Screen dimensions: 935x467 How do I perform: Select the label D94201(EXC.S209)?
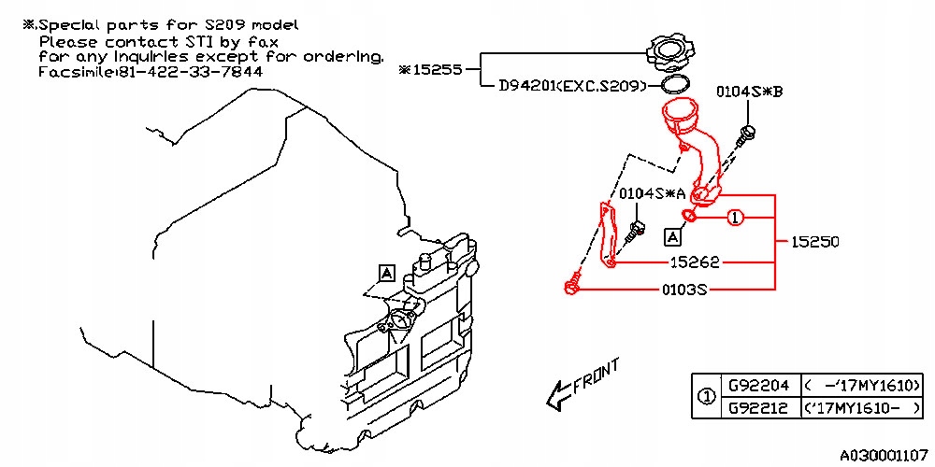573,87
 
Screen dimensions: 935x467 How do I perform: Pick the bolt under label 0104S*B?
745,135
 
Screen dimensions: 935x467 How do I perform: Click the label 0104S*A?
653,193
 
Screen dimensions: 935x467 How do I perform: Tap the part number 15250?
815,242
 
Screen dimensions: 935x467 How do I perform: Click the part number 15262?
694,262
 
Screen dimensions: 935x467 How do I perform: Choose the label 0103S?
684,290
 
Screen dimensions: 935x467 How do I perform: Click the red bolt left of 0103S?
572,285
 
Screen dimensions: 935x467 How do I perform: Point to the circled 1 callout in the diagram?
735,219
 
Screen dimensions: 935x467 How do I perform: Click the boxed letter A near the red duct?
672,237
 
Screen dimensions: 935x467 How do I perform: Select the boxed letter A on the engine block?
386,274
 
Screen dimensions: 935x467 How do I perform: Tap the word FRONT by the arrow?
597,378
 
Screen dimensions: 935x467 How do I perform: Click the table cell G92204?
759,386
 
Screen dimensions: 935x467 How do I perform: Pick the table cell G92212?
759,408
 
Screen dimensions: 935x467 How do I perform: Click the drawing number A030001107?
884,457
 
